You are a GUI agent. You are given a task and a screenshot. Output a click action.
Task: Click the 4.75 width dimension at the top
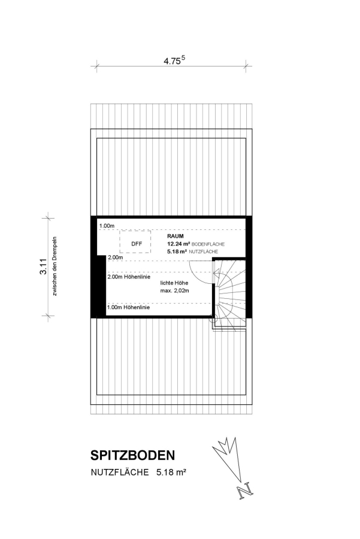[x=174, y=60]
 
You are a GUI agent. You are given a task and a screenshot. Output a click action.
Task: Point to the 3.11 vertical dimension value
[x=43, y=267]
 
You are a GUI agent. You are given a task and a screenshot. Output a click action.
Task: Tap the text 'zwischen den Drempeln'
[x=55, y=267]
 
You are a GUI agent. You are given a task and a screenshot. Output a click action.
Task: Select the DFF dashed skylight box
[x=135, y=242]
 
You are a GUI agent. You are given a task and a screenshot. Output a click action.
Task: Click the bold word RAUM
[x=176, y=236]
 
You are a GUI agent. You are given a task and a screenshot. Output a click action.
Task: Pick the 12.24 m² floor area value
[x=179, y=244]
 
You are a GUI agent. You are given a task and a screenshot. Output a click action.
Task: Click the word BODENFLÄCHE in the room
[x=208, y=244]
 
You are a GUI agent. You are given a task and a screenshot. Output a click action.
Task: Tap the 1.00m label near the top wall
[x=107, y=226]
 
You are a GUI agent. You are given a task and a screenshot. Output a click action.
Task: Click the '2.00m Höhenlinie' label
[x=129, y=277]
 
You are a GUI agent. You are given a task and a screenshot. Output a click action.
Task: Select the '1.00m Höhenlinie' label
[x=128, y=307]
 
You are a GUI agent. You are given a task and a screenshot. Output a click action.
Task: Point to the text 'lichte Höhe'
[x=174, y=283]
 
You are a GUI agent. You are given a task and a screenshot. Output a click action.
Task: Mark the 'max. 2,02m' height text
[x=175, y=291]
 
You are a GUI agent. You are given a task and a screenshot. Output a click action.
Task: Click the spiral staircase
[x=229, y=295]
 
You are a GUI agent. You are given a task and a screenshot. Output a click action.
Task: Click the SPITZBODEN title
[x=133, y=455]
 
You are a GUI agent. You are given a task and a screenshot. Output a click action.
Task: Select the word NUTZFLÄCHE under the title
[x=120, y=473]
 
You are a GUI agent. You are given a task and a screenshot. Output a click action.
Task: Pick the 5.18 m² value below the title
[x=171, y=473]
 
